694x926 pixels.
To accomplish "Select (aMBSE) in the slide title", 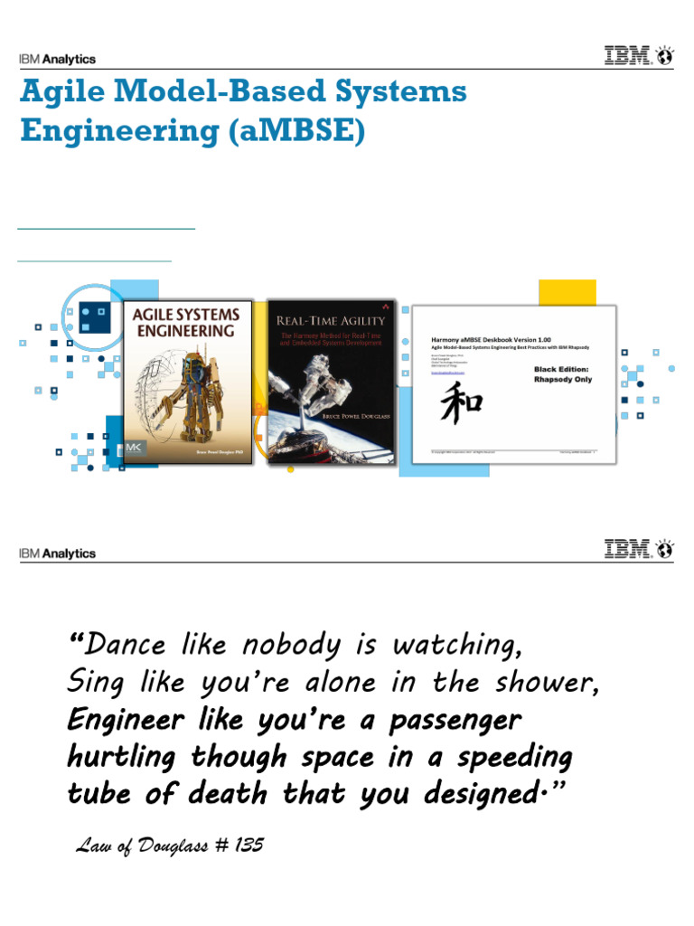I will point(293,131).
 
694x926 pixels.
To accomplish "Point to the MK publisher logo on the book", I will point(136,449).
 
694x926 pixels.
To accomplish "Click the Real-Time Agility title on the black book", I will point(332,321).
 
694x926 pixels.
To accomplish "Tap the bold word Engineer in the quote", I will point(120,722).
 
